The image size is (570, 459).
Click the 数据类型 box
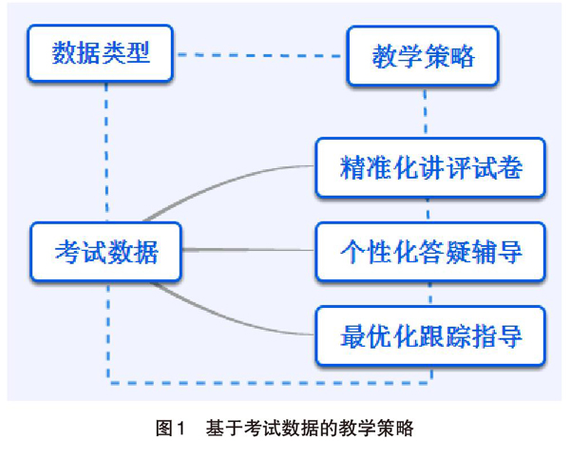pos(100,53)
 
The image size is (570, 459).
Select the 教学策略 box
pos(423,56)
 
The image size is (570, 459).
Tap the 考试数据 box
pos(105,252)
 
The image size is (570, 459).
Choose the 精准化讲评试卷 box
pos(430,167)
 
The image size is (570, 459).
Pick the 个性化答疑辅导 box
pos(430,252)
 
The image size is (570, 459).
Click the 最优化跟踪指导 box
pos(430,336)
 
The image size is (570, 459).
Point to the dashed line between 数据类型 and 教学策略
pos(259,55)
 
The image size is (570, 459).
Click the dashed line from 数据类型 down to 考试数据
pos(106,152)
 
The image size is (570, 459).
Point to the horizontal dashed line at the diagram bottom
pos(270,383)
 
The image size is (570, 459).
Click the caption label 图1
pos(170,428)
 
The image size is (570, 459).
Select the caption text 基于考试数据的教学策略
pos(310,428)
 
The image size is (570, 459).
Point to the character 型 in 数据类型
pos(138,53)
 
